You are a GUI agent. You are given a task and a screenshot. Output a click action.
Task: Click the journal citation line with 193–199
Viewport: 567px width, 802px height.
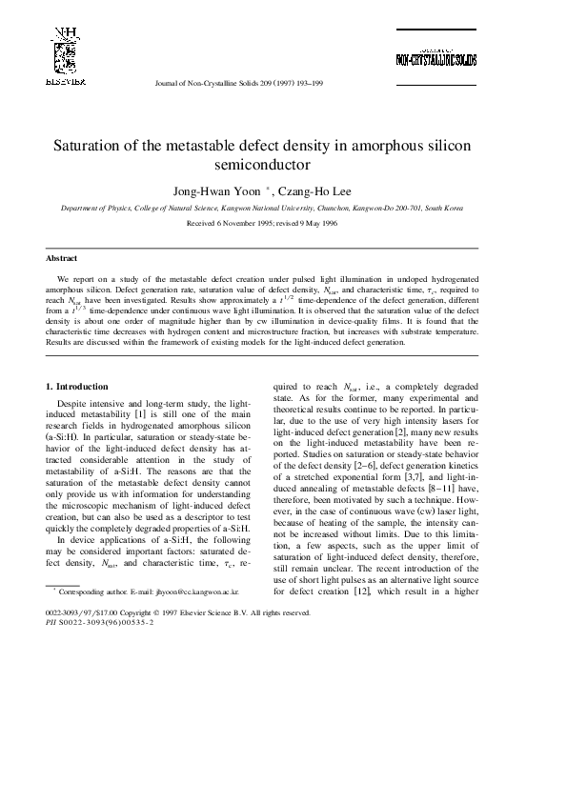pos(238,84)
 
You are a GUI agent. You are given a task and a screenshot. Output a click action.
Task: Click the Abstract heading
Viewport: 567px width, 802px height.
pos(62,258)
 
